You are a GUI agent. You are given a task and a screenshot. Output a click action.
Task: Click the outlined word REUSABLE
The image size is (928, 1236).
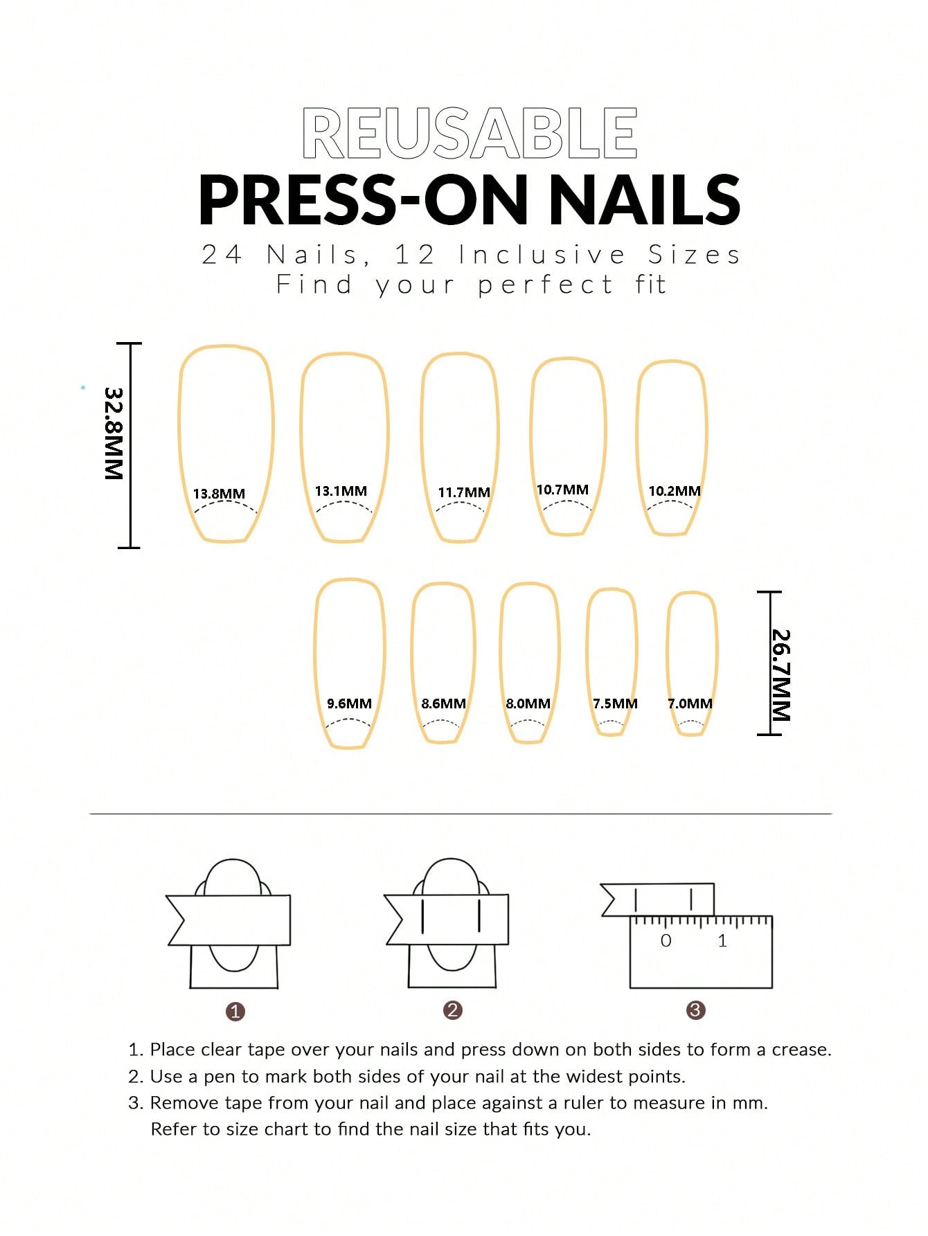(x=470, y=133)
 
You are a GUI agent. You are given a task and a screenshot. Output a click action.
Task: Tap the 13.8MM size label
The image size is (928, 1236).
(x=219, y=494)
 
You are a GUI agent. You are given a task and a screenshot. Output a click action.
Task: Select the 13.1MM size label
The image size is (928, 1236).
(x=341, y=491)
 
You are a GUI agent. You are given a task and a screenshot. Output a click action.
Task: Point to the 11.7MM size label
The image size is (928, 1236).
(x=464, y=492)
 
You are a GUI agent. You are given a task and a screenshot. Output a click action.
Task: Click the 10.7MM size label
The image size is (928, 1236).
(x=562, y=490)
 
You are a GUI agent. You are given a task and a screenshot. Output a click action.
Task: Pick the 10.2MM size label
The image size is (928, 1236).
(x=675, y=491)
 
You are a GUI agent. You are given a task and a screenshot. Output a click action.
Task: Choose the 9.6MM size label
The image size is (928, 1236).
(x=349, y=704)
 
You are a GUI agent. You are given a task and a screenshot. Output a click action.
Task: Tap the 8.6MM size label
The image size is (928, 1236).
(x=443, y=704)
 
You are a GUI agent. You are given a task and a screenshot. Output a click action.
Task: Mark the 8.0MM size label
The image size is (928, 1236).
(x=528, y=704)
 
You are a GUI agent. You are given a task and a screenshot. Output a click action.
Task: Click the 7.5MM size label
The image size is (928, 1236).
(x=615, y=704)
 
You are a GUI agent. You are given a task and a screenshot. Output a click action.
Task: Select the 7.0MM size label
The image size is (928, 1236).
(x=690, y=704)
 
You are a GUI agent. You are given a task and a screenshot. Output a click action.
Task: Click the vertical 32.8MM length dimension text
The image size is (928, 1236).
(x=114, y=433)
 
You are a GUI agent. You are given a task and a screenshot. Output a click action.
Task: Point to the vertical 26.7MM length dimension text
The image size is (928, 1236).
(x=781, y=675)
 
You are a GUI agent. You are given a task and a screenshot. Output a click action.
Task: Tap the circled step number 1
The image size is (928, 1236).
(x=235, y=1012)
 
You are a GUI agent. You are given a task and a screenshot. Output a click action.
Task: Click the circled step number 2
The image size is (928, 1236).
(x=453, y=1010)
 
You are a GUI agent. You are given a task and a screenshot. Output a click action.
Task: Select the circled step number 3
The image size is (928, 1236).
(x=695, y=1010)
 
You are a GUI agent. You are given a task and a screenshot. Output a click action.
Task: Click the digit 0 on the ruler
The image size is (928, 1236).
(x=666, y=940)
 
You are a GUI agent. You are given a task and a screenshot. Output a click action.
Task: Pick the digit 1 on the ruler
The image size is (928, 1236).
(x=722, y=940)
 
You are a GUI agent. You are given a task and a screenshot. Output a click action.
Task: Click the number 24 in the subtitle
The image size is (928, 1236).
(x=222, y=255)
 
